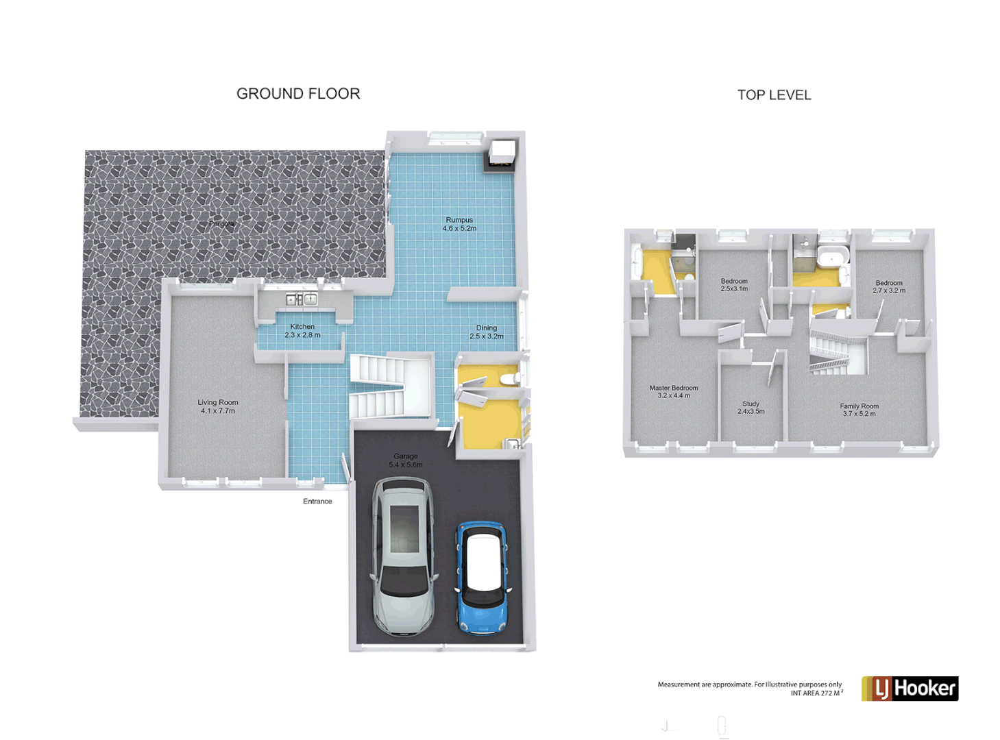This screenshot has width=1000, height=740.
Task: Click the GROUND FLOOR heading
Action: click(298, 94)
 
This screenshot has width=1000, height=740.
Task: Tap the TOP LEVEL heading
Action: click(774, 95)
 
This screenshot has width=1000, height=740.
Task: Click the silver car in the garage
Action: click(404, 556)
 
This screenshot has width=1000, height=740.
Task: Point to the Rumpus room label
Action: click(459, 224)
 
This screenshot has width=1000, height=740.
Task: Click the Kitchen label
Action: click(302, 331)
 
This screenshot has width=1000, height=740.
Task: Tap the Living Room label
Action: click(218, 407)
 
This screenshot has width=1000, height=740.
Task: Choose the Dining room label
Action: click(487, 332)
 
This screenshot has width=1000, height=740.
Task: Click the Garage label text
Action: click(406, 460)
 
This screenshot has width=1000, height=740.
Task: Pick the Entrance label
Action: click(317, 502)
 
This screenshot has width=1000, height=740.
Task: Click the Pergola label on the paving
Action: click(221, 224)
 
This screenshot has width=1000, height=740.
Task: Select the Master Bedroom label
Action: click(674, 391)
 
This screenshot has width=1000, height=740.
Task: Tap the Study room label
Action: click(751, 408)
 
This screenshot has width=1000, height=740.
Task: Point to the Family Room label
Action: click(859, 410)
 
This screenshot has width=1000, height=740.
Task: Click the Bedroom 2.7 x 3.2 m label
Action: click(889, 286)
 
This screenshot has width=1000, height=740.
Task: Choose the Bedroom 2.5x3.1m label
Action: click(734, 285)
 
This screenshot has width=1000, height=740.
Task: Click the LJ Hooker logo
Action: click(910, 689)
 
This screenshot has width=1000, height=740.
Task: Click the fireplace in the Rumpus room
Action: click(500, 156)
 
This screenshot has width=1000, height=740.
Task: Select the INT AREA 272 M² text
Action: click(816, 693)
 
